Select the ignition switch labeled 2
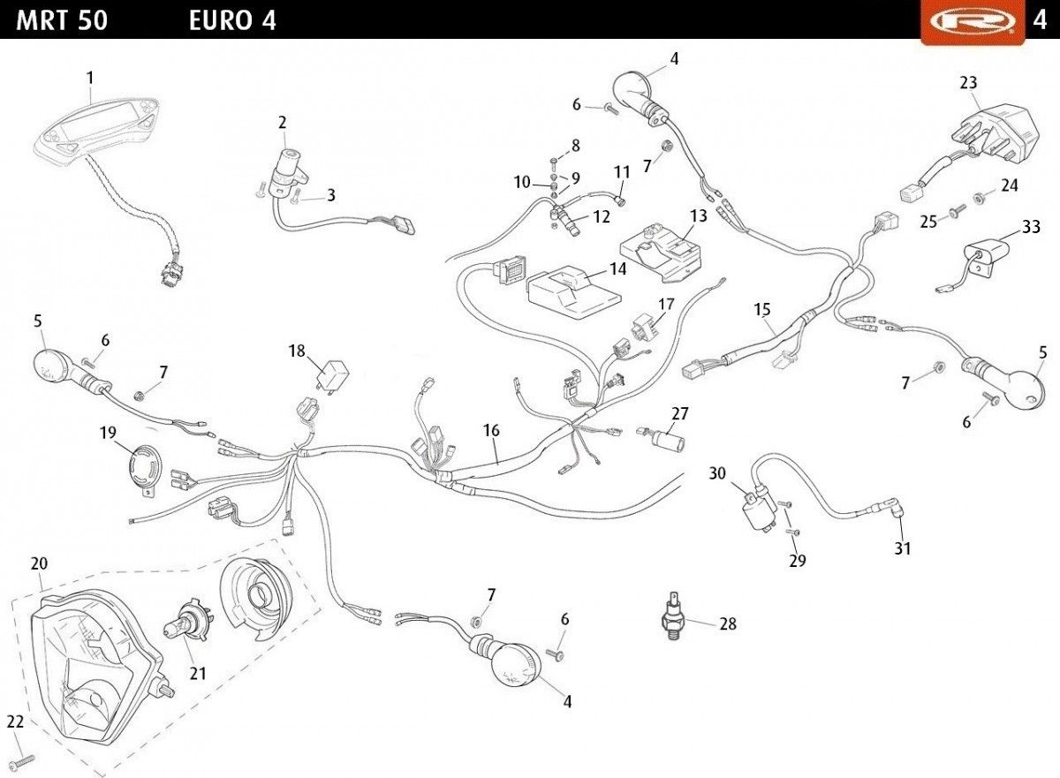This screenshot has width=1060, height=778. point(287,167)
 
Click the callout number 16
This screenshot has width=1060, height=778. point(491,431)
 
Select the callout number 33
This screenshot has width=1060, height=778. point(1031,227)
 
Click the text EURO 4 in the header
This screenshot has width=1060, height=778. point(232,20)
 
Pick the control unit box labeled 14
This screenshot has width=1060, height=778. point(575,291)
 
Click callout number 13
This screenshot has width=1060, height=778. point(699,215)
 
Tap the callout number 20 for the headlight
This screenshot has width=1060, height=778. point(39,563)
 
